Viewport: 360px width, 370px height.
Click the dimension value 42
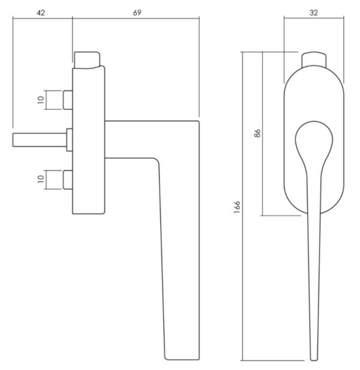point(41,13)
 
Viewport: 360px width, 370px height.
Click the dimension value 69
point(137,13)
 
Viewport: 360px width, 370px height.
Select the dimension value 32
point(313,13)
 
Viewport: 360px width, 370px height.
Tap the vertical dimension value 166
point(237,207)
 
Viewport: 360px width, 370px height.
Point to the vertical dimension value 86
point(257,133)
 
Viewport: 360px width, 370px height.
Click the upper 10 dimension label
point(41,100)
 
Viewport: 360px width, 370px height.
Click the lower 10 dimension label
point(41,179)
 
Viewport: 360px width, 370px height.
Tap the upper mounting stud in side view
point(68,100)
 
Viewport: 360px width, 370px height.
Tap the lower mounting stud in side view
point(68,180)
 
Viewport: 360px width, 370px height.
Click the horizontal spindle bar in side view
point(40,140)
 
